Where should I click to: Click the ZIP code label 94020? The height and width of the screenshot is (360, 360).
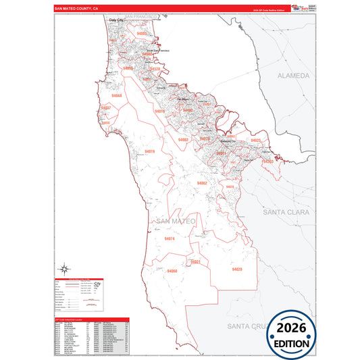point(236,269)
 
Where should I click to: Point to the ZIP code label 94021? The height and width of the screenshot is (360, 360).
point(197,261)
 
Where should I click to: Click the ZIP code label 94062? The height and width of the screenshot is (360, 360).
point(201,183)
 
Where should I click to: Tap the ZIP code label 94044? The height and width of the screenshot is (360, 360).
point(116,97)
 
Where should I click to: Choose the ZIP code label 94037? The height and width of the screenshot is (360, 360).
point(105,108)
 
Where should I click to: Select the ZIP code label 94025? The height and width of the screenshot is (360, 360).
point(255,140)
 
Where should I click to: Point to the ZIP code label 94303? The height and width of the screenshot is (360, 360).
point(268,161)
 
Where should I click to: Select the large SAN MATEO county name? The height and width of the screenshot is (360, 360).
point(175,222)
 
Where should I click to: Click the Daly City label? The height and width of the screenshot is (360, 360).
point(118,21)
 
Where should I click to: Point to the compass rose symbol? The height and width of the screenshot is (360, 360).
point(65,268)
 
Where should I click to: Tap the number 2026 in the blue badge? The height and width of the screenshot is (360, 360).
point(292,329)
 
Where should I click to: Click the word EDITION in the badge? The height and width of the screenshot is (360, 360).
point(292,342)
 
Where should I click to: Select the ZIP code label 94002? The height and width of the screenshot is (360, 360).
point(183,140)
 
